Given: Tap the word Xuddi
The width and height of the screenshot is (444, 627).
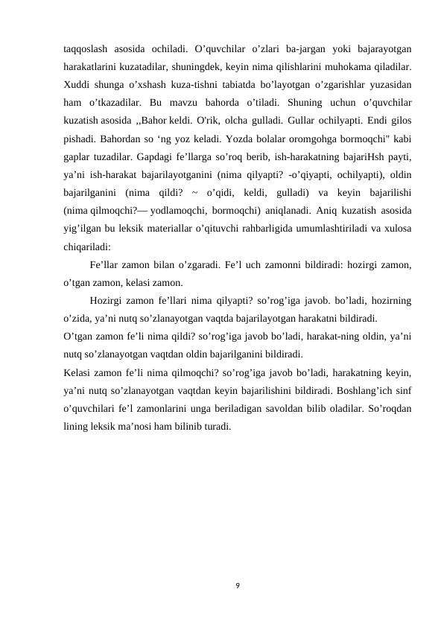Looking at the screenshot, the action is [x=77, y=85].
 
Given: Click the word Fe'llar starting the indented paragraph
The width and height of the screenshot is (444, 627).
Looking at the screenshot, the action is [x=105, y=266].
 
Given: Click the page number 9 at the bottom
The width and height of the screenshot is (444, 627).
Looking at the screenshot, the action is [x=237, y=585].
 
